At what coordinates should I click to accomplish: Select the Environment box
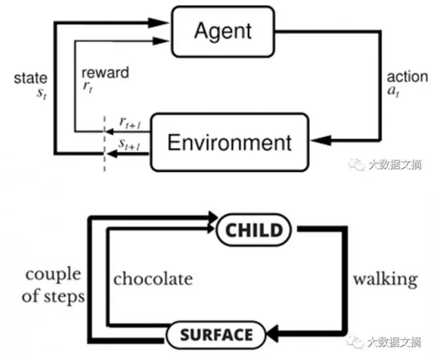[x=230, y=142]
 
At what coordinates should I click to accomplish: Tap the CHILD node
[x=255, y=229]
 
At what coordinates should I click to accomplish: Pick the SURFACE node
[x=216, y=335]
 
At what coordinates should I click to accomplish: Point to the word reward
[x=105, y=73]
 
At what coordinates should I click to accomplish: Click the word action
[x=407, y=77]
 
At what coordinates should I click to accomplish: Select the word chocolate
[x=153, y=278]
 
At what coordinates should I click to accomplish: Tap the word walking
[x=385, y=278]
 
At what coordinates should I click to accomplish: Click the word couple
[x=53, y=274]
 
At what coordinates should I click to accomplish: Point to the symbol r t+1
[x=130, y=123]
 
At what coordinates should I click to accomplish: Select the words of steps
[x=53, y=296]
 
